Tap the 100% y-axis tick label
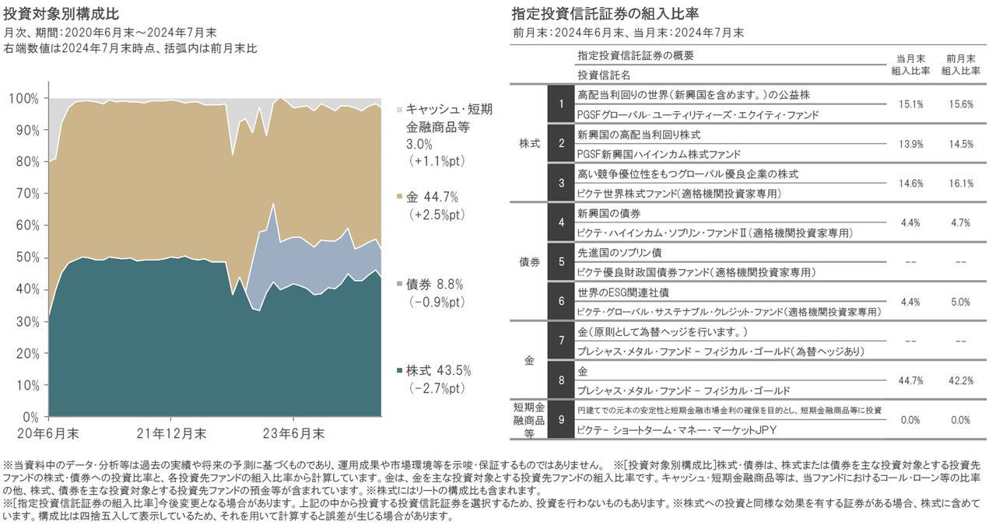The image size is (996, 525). tap(24, 99)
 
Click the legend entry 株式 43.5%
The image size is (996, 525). tap(439, 370)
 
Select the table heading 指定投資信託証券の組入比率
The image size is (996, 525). tap(605, 14)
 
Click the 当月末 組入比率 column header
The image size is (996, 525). tap(910, 64)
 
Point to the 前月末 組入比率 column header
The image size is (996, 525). tap(960, 64)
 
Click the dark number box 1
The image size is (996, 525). tap(560, 103)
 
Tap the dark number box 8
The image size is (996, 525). tap(560, 380)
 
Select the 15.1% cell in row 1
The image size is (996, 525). tap(910, 104)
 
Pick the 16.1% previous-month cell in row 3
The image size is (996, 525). tap(960, 184)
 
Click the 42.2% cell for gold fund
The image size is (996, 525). tap(960, 380)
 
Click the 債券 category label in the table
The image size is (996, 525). tap(529, 262)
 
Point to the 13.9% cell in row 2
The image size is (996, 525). tap(910, 144)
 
